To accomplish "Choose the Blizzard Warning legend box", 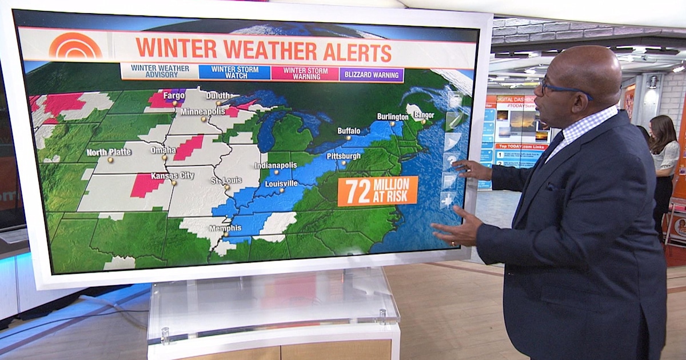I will coord(372,74).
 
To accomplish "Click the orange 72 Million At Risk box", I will coord(377,190).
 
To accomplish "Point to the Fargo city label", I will coord(174,95).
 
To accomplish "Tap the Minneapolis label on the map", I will coord(204,111).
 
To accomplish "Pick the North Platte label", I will coord(109,152).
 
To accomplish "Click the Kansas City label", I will coord(171,175).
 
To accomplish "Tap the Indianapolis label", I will coord(276,165).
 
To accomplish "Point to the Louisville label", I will coord(281,183).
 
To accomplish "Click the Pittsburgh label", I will coord(344,155).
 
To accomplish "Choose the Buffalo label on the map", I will coord(349,130).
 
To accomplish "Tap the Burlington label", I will coord(393,116).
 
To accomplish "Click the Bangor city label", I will coord(424,115).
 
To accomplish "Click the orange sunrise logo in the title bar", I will coord(75,46).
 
